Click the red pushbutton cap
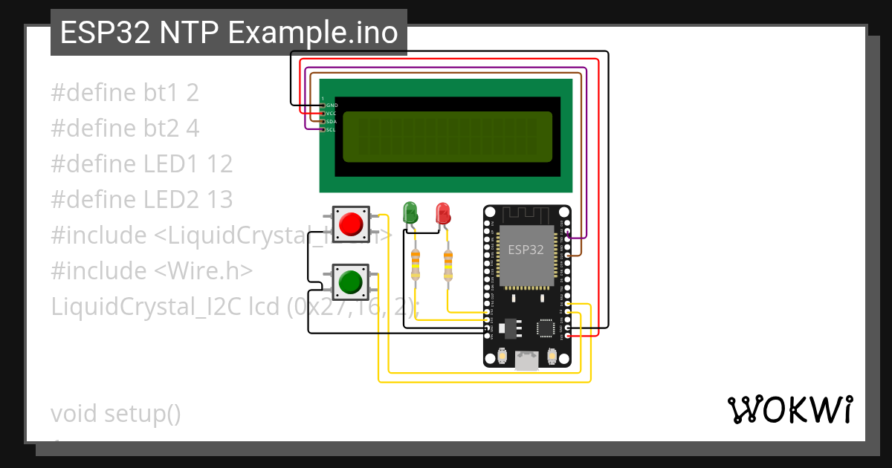pos(350,224)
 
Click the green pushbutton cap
pos(350,282)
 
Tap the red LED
pos(443,213)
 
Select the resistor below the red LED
pos(448,265)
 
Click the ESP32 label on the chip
pos(526,250)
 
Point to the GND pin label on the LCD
pos(332,105)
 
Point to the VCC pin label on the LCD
pos(332,114)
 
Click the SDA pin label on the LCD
pos(332,121)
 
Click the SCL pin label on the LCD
pos(332,129)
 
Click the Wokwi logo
pos(789,410)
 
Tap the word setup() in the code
pos(142,414)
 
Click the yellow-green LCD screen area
pos(447,137)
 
